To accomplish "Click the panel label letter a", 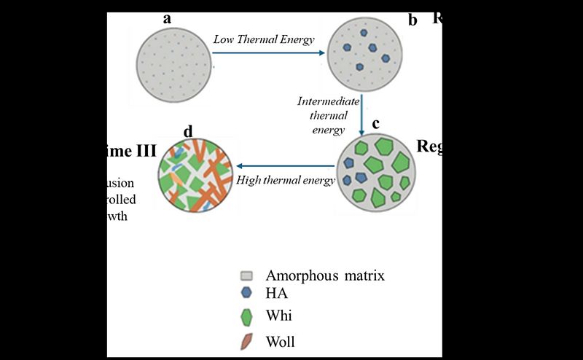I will (167, 18).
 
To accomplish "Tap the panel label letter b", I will (412, 20).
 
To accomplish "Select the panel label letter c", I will (375, 123).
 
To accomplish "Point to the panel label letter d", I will (189, 131).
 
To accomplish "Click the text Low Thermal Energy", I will (264, 39).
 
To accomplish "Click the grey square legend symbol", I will (247, 276).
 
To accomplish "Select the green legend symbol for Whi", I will (247, 317).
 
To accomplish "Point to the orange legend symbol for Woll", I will (247, 340).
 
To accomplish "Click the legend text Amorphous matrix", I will (325, 276).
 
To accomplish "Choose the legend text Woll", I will (281, 341).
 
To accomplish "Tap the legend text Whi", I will (279, 316).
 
